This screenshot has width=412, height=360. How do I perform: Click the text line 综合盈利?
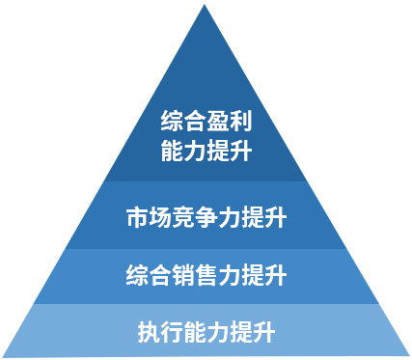(x=206, y=124)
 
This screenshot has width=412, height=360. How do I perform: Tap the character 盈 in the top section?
(x=219, y=124)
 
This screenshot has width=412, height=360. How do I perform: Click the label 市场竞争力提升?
(x=206, y=216)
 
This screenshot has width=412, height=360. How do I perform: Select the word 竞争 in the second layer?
(x=194, y=216)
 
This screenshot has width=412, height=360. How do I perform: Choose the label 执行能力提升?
(x=206, y=333)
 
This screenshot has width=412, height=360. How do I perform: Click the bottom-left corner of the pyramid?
(x=4, y=355)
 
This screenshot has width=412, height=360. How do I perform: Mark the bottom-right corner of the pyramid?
(x=408, y=355)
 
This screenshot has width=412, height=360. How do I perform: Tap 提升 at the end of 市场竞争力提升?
(x=263, y=216)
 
